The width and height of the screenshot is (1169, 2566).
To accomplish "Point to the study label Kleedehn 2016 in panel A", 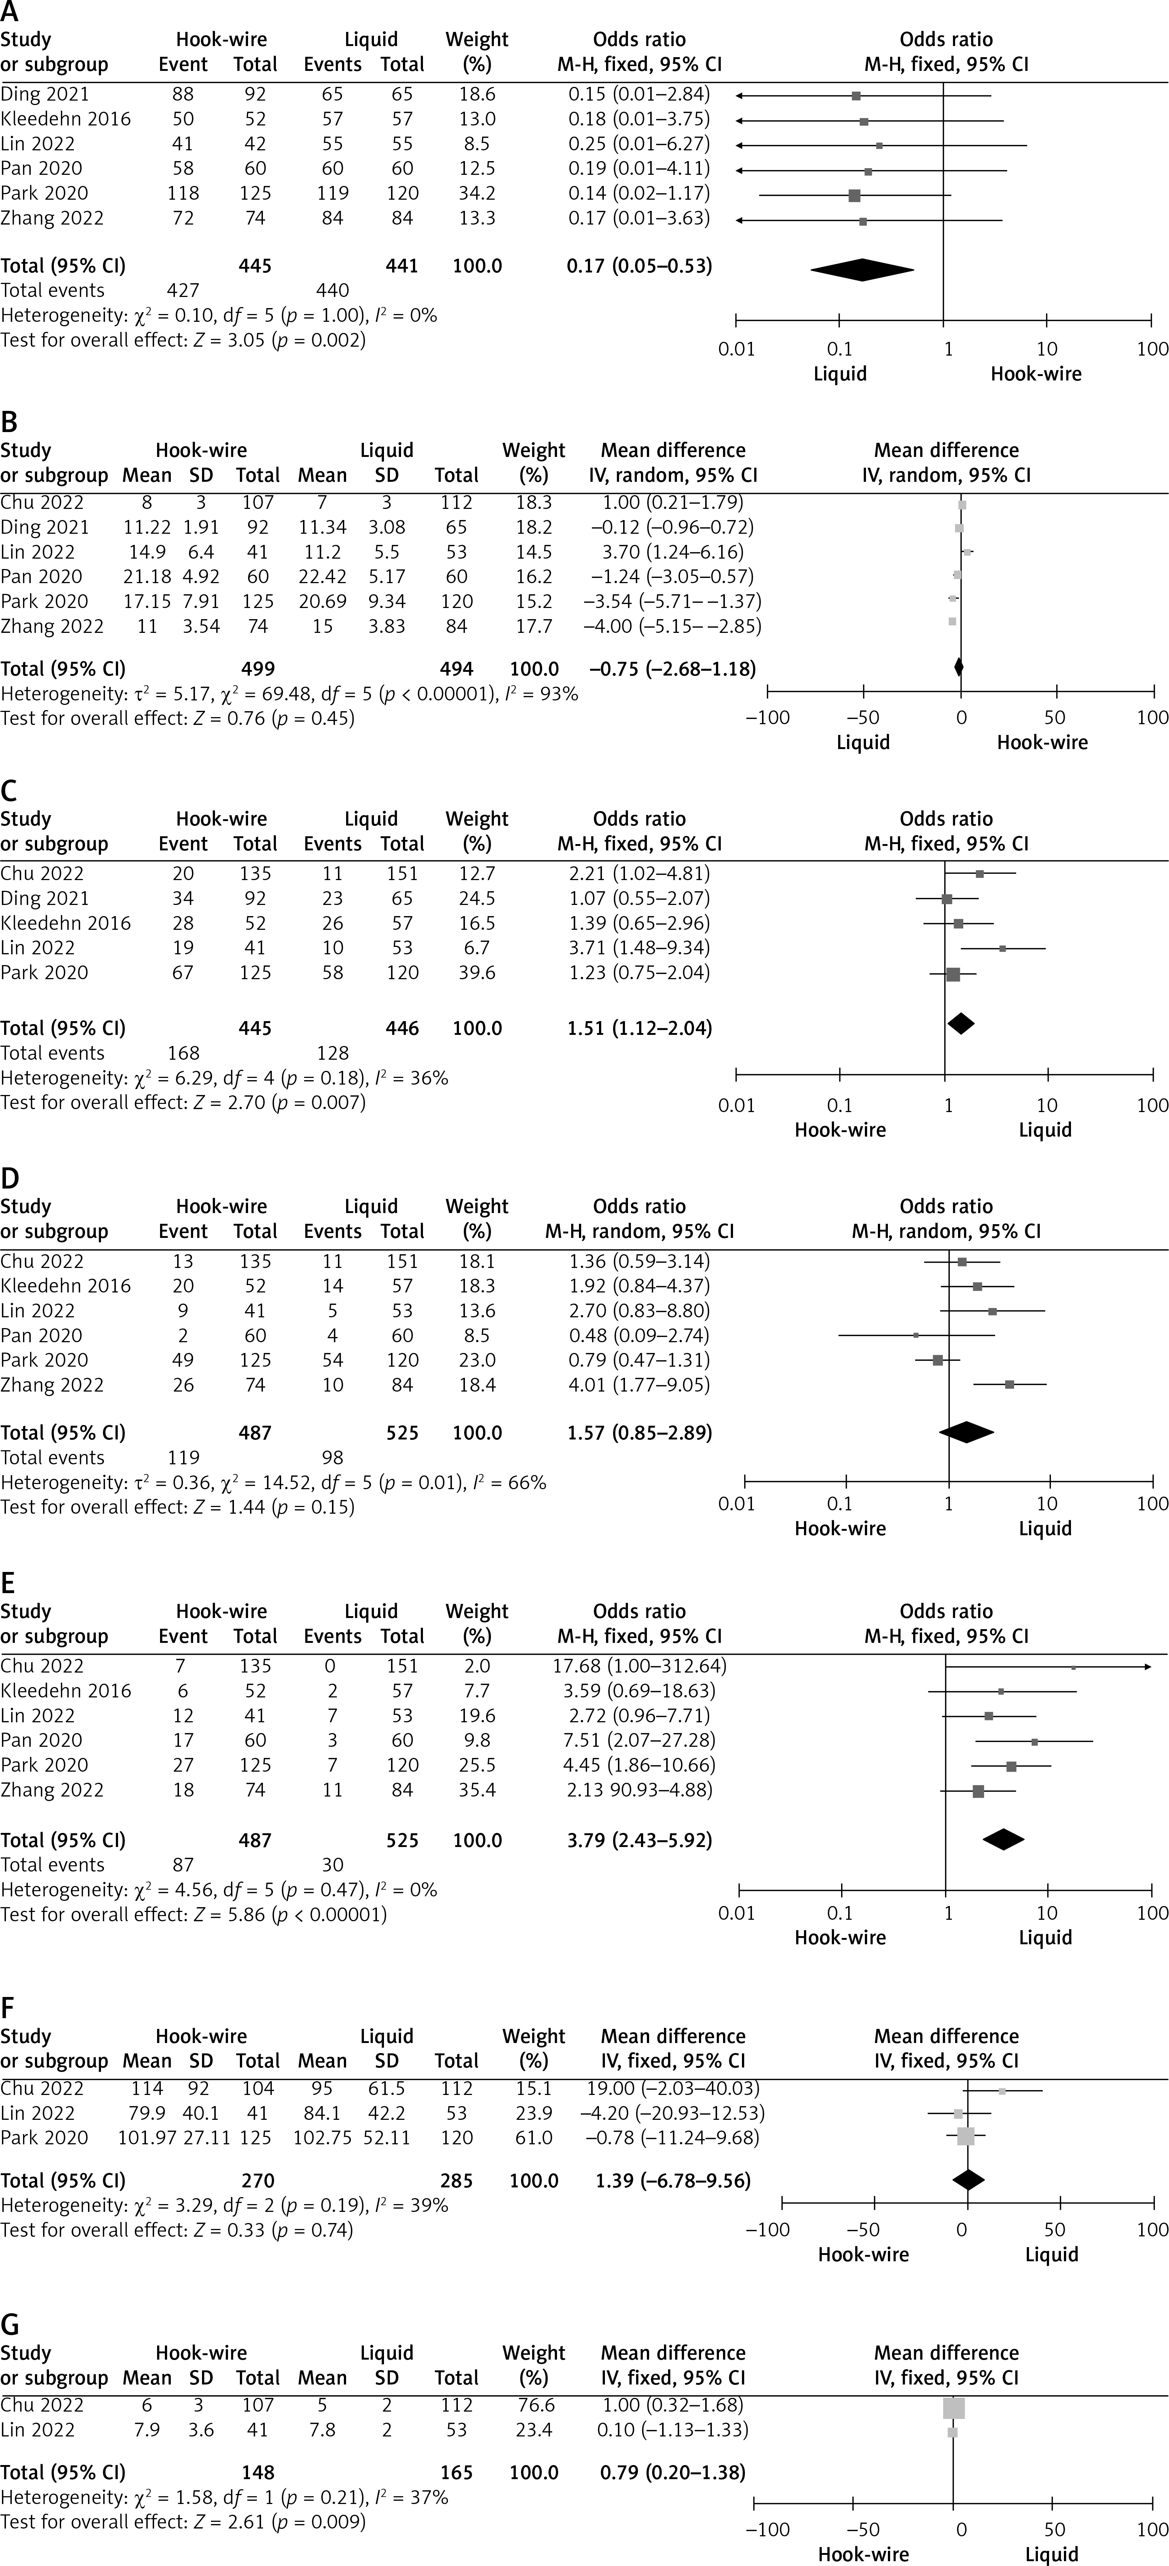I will tap(66, 118).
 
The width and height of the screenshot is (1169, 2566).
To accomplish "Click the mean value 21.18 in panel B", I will tap(146, 577).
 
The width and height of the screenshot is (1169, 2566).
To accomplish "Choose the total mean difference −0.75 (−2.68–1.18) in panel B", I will tap(673, 669).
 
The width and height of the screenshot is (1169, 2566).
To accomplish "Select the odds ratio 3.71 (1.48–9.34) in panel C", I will tap(639, 947).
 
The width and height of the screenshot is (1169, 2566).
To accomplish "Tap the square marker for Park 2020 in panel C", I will tap(953, 973).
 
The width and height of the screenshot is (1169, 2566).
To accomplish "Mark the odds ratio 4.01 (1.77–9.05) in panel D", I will tap(639, 1385).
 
